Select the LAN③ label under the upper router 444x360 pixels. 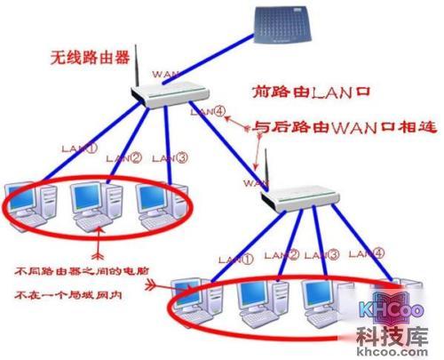(170, 157)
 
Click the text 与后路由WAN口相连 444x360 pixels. (345, 126)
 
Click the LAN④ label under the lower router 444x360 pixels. (365, 253)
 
